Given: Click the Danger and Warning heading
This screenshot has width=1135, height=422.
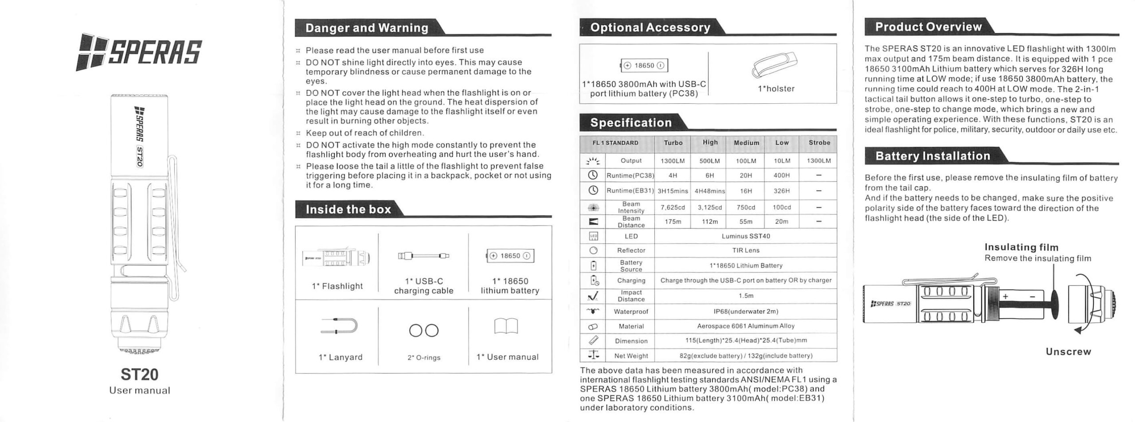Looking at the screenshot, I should (x=367, y=28).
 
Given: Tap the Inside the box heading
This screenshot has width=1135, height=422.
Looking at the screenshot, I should (x=348, y=209).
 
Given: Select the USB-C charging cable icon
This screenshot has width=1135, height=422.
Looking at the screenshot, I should (x=423, y=256).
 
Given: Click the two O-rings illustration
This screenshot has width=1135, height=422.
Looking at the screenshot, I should (x=423, y=331).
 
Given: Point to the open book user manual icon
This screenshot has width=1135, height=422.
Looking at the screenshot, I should (x=506, y=327).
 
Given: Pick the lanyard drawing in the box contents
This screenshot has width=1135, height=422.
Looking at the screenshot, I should (x=339, y=326).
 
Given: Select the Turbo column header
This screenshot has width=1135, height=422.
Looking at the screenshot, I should (x=673, y=143).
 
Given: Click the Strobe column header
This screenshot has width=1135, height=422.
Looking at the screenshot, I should (x=819, y=143).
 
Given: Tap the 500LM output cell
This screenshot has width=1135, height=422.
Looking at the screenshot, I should (x=709, y=161).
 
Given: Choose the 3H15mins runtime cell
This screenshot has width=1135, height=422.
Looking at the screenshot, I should (x=673, y=191).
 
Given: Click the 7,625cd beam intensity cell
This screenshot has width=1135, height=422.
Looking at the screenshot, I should (x=673, y=207).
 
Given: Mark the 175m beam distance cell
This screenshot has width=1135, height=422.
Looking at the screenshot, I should (x=673, y=222).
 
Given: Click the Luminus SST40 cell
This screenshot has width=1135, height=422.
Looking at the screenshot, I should (x=746, y=236).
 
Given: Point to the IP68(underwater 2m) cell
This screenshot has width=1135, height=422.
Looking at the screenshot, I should (x=746, y=312).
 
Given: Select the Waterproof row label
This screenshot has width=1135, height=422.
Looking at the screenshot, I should (x=631, y=312).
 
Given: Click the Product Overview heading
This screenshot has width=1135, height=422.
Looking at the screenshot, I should (x=928, y=27).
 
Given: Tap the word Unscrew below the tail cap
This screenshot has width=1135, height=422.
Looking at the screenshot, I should (x=1068, y=352).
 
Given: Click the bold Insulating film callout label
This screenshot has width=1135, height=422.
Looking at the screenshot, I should (x=1021, y=247).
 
